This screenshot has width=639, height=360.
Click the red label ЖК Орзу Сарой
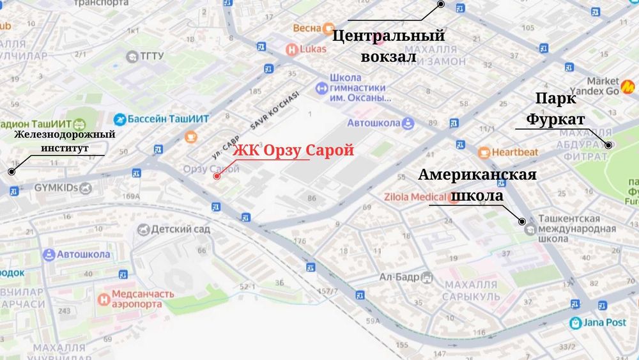click(x=293, y=151)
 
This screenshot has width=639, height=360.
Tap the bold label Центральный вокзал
click(x=388, y=46)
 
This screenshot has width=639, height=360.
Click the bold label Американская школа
click(x=477, y=185)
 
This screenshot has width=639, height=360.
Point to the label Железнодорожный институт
click(x=65, y=141)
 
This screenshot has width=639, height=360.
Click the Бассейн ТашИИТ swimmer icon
click(x=120, y=119)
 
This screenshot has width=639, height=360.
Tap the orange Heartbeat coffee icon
click(x=484, y=152)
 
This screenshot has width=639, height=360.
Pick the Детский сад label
click(x=180, y=229)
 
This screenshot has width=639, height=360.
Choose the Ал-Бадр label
click(x=399, y=277)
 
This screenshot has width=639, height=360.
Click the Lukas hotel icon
click(x=291, y=49)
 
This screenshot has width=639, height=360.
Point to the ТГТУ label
click(x=151, y=56)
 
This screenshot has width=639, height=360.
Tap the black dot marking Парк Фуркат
click(x=609, y=145)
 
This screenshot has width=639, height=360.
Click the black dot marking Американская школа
click(x=523, y=221)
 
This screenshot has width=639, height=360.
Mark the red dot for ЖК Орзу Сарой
click(x=217, y=175)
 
